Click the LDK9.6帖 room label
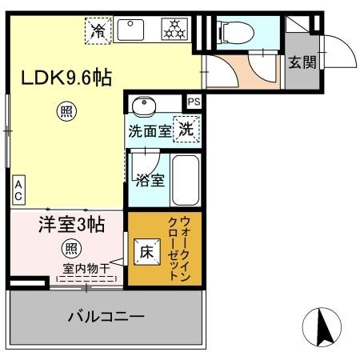66,78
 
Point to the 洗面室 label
150,130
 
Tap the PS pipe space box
194,102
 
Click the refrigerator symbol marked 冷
98,31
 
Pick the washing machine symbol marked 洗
186,128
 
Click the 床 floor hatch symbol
148,250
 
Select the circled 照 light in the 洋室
72,247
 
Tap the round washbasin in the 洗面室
144,106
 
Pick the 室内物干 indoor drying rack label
86,270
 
